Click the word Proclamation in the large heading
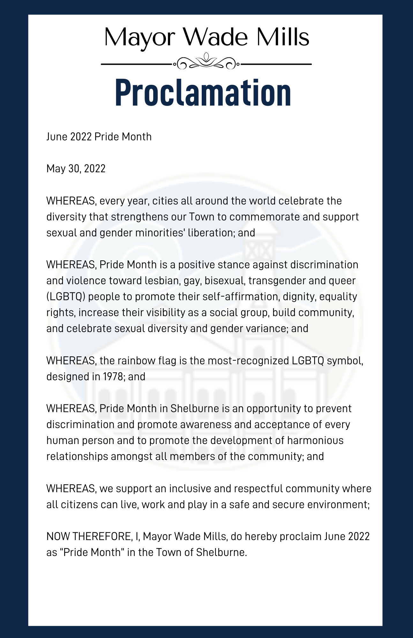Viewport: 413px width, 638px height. tap(203, 92)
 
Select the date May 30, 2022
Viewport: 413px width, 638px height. tap(76, 168)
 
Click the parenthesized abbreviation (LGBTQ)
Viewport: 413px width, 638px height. tap(66, 297)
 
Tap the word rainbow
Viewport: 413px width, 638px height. tap(136, 361)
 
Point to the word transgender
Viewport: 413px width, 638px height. tap(275, 281)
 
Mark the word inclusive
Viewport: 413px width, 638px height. tap(186, 489)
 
